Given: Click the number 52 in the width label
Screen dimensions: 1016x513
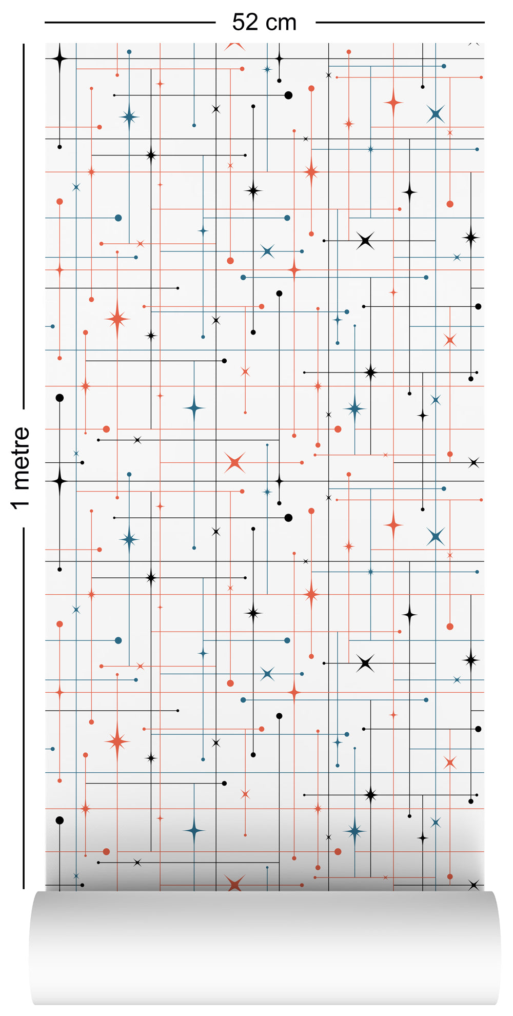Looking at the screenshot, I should (245, 23).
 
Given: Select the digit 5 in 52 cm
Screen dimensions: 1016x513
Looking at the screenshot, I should (239, 23).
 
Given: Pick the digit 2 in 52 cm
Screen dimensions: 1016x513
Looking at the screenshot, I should (252, 23).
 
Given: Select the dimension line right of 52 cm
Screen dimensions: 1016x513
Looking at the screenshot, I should (400, 23).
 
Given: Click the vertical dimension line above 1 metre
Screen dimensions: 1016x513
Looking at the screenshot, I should (23, 226).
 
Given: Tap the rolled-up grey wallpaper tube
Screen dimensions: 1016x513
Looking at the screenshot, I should (264, 949).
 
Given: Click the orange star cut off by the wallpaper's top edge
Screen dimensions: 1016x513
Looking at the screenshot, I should (234, 46).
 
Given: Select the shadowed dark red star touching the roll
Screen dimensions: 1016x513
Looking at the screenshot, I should (234, 884).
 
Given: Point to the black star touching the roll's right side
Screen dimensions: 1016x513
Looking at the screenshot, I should (473, 885).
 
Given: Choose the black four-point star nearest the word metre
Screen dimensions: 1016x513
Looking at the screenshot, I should (60, 481).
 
